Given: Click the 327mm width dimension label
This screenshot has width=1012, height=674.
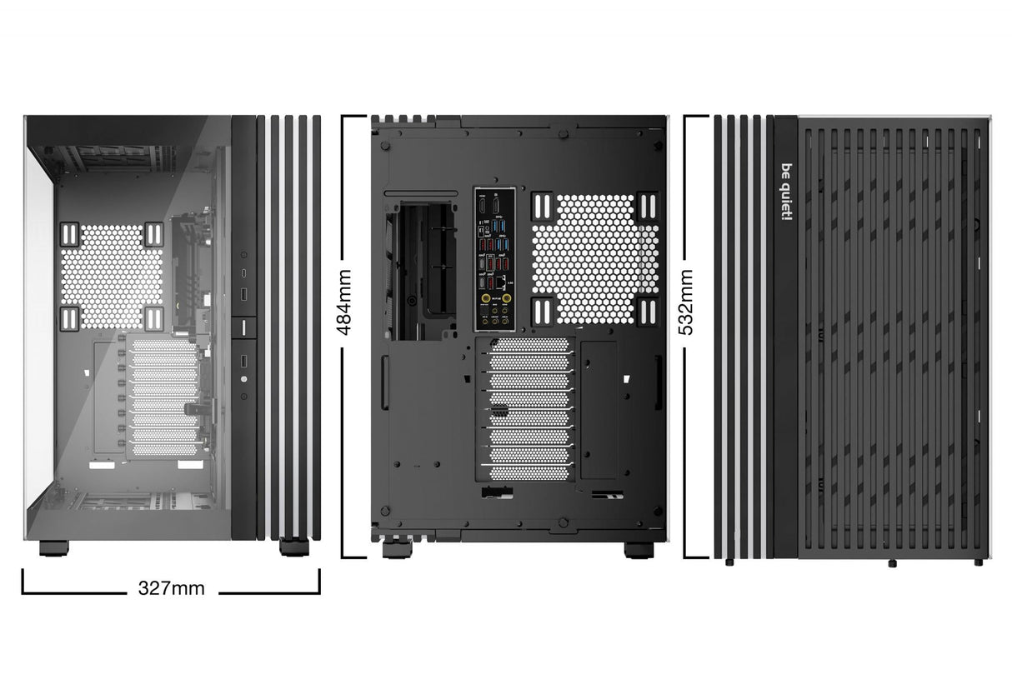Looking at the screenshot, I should click(x=171, y=588).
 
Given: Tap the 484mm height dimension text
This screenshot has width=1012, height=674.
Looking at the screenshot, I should click(x=343, y=301).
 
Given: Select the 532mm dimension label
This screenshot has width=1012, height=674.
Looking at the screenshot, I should click(x=688, y=301).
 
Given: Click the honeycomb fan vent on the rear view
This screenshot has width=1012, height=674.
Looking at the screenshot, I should click(x=595, y=258).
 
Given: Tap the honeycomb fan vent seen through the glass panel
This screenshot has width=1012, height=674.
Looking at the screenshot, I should click(x=113, y=275).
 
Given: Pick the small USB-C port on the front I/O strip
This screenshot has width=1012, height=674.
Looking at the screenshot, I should click(x=243, y=272).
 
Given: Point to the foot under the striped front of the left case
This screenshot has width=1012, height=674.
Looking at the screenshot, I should click(x=293, y=547).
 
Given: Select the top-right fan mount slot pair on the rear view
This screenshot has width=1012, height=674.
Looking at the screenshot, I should click(x=647, y=206).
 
